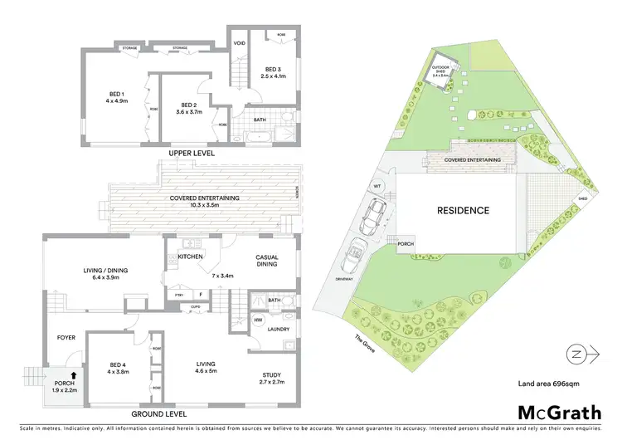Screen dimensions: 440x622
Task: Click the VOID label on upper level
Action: (x=240, y=42)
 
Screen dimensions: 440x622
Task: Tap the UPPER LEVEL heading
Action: (x=190, y=154)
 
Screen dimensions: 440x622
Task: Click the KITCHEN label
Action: (x=191, y=257)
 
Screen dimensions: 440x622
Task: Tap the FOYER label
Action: (x=66, y=337)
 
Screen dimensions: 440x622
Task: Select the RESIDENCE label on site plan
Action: (x=463, y=211)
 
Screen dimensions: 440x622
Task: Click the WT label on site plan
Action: (x=378, y=186)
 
